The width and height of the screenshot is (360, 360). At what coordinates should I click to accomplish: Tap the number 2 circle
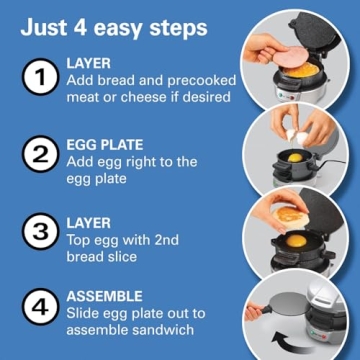point(40,155)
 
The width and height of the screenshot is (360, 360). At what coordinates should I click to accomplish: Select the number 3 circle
point(40,233)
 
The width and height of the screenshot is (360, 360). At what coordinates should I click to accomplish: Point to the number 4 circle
point(40,309)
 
